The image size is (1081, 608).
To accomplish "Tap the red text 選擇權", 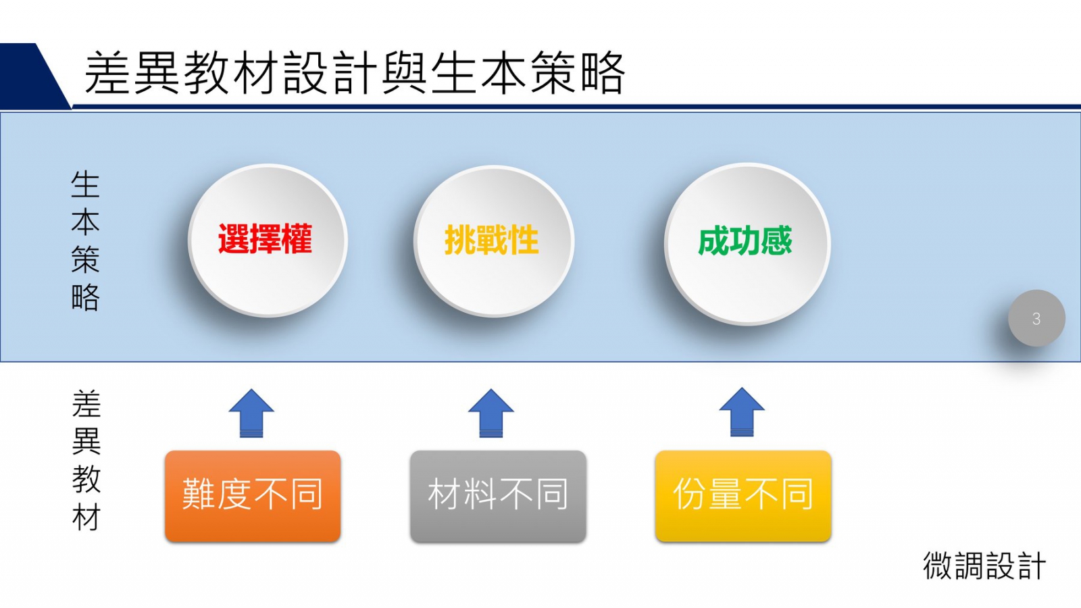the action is (266, 239).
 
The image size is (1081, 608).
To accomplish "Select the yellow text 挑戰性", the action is (491, 240).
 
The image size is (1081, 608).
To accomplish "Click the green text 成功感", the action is (745, 240).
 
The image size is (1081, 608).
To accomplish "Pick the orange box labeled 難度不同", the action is (253, 496).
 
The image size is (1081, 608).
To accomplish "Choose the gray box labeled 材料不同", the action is (498, 496).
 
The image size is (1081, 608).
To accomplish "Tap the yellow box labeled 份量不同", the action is (743, 496).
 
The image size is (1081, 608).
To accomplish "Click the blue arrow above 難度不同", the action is (251, 413).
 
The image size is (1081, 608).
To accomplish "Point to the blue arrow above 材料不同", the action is (491, 413).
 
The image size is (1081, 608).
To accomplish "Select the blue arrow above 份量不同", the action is (742, 412).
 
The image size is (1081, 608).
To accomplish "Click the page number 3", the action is (1036, 318).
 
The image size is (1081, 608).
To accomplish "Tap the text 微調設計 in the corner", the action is (984, 565).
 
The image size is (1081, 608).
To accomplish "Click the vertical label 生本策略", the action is (85, 240).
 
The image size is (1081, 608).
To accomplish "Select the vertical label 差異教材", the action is (86, 460).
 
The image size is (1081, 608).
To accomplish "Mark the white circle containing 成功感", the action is (747, 244).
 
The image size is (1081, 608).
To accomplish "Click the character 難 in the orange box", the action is (199, 494).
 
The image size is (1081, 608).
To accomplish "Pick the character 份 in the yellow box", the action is (690, 494).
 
